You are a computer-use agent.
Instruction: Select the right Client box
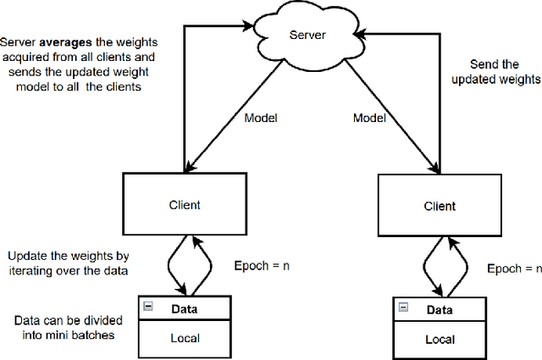click(439, 206)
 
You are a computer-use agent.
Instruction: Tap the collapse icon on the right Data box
click(402, 309)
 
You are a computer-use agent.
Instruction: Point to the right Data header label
click(439, 309)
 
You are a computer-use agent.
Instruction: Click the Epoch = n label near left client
click(261, 264)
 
